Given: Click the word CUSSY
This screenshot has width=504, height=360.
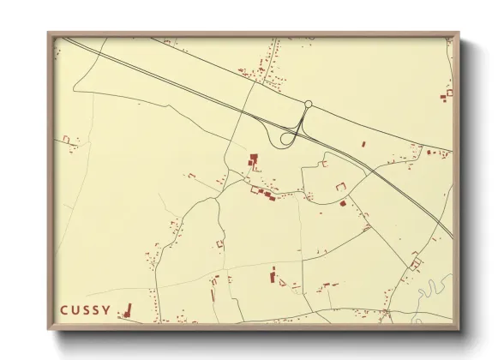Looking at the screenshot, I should pos(85,309).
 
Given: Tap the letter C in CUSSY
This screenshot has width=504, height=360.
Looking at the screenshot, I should pos(63,309).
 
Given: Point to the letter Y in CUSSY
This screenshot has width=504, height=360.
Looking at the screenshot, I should pos(106,309).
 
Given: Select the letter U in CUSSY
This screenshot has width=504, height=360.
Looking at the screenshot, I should pos(75,309).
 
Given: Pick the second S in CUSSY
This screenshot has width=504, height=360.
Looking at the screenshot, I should pos(96,309).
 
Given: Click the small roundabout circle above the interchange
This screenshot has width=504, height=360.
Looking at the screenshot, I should pos(309,105).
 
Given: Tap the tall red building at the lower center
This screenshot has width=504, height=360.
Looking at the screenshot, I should pos(274,276).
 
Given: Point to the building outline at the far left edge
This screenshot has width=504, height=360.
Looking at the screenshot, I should pos(67,139).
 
